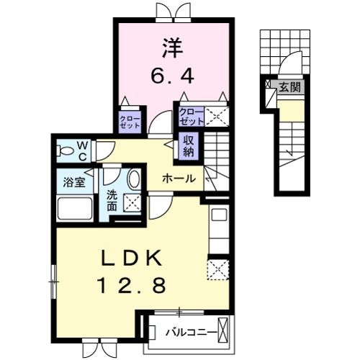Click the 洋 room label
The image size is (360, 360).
pyautogui.click(x=173, y=49)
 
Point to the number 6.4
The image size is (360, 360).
pyautogui.click(x=173, y=74)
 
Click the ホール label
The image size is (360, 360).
pyautogui.click(x=178, y=178)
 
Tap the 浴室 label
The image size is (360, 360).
pyautogui.click(x=73, y=182)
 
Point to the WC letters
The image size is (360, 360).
pyautogui.click(x=83, y=150)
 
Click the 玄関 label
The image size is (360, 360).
pyautogui.click(x=290, y=87)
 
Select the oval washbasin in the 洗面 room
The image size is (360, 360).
pyautogui.click(x=134, y=179)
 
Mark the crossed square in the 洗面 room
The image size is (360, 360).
pyautogui.click(x=132, y=202)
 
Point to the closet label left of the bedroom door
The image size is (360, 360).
pyautogui.click(x=130, y=120)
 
